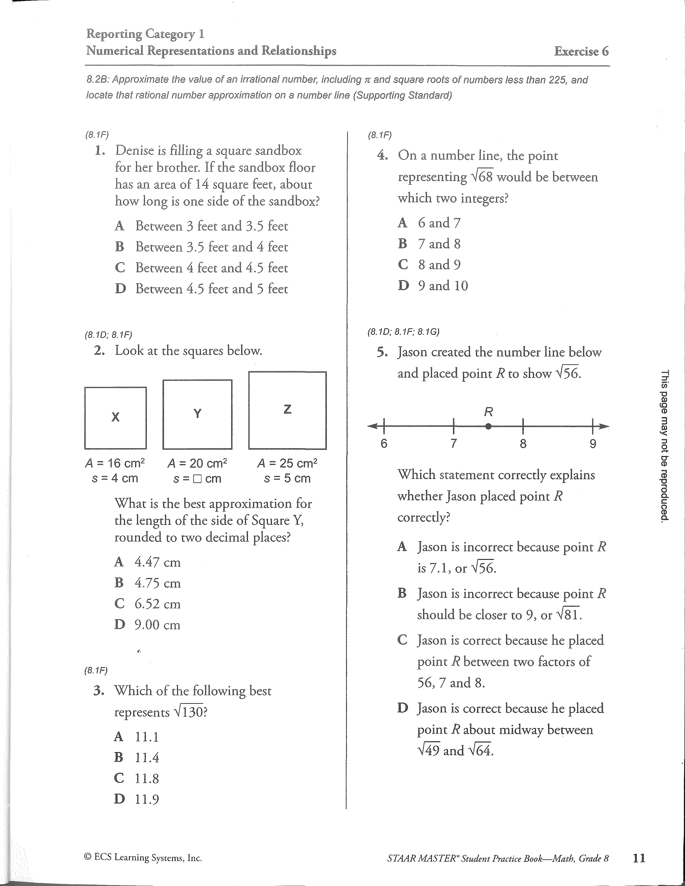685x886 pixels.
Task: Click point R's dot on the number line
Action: (x=489, y=426)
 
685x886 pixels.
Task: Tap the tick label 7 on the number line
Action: (x=454, y=444)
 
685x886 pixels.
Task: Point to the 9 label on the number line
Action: (x=593, y=444)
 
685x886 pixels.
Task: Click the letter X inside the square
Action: (x=116, y=417)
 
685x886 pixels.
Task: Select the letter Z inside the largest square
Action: (x=287, y=409)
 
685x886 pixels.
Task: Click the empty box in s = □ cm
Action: (x=197, y=479)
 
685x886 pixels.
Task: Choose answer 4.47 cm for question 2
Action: (x=157, y=562)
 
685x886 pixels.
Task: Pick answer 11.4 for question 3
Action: (x=147, y=757)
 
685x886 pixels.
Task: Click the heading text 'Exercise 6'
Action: (x=581, y=52)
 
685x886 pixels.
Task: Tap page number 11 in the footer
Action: (x=639, y=858)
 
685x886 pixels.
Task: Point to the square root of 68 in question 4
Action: (x=482, y=177)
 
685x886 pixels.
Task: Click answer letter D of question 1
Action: (x=120, y=289)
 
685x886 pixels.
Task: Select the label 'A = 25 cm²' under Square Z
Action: (x=287, y=463)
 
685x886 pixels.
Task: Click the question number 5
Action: (x=381, y=352)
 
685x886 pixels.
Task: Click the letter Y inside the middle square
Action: (x=197, y=413)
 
